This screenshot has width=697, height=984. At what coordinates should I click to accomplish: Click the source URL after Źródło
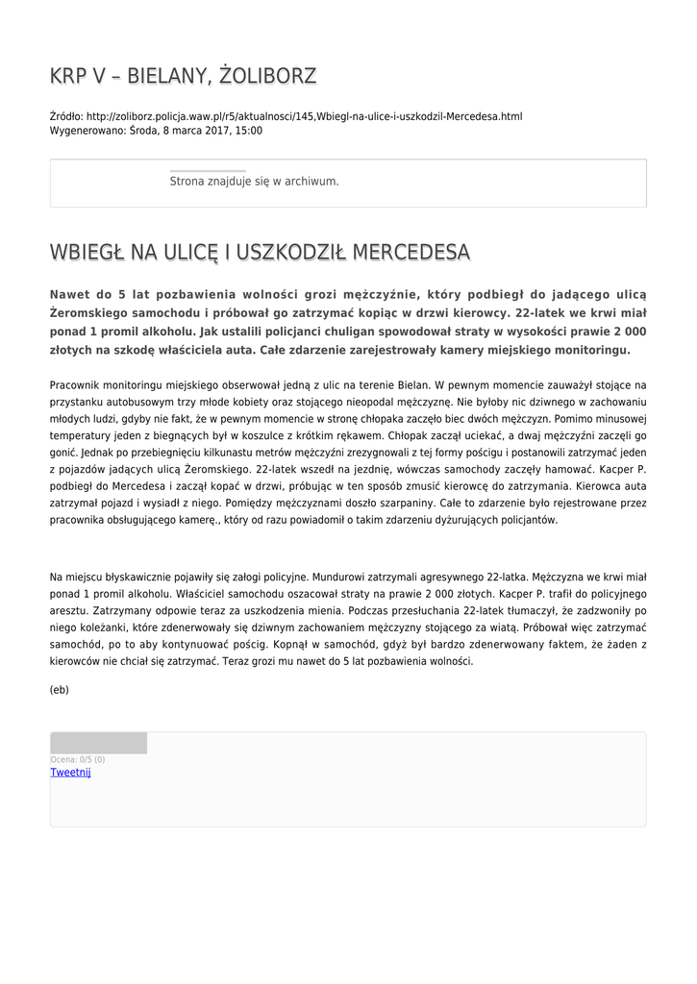[305, 116]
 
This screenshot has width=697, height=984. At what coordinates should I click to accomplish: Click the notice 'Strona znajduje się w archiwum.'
[254, 181]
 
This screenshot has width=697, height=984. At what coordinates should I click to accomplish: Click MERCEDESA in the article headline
[411, 253]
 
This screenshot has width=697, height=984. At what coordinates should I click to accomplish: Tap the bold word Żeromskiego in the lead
[90, 313]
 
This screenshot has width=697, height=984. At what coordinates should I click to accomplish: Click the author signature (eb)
[60, 690]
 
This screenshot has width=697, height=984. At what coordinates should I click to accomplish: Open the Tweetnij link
[70, 772]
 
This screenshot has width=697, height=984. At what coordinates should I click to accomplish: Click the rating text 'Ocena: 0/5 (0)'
[78, 759]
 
